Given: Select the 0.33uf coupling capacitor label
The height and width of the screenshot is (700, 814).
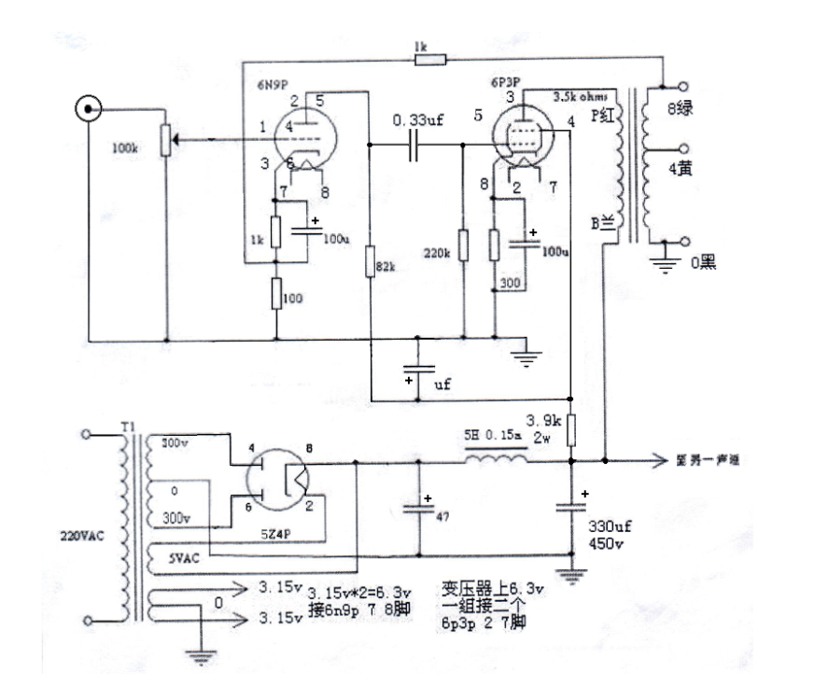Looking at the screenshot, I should click(x=418, y=121).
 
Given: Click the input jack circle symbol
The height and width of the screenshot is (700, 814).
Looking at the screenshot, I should click(x=89, y=111).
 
